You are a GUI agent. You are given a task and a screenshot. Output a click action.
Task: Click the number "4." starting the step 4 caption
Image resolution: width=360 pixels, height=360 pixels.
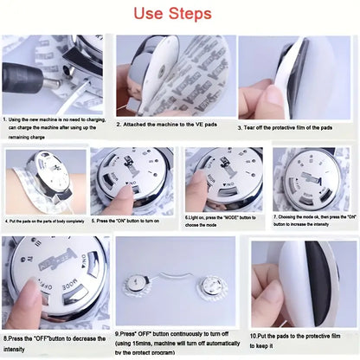click(x=7, y=221)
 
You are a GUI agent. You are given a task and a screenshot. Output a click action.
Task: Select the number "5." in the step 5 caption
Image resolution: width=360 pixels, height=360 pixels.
click(x=96, y=221)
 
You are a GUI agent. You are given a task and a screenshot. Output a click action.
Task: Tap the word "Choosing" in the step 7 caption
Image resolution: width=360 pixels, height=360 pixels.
click(x=291, y=217)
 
